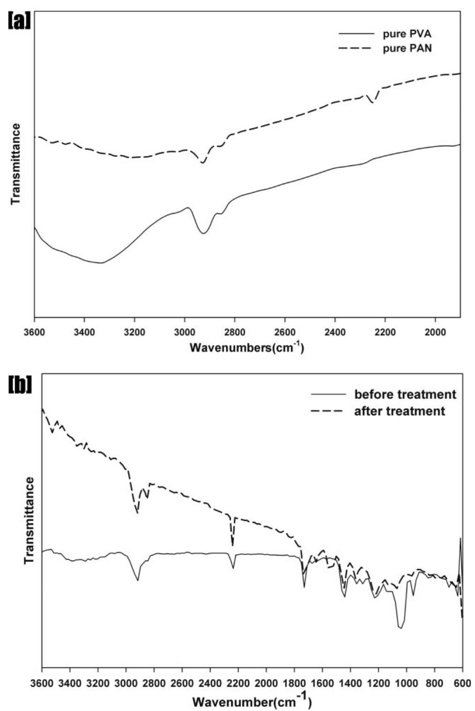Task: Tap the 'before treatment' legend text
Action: tap(405, 394)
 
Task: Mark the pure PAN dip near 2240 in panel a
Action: tap(373, 102)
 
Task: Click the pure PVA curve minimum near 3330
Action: tap(101, 263)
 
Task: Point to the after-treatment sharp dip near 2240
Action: tap(233, 545)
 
